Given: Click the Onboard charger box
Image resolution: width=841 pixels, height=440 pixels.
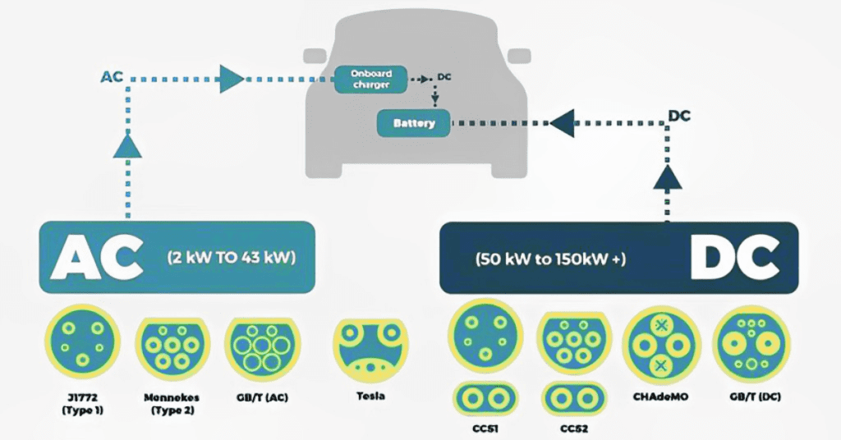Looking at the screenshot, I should point(365,79).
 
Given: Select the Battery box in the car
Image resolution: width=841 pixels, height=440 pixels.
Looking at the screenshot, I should point(413,124).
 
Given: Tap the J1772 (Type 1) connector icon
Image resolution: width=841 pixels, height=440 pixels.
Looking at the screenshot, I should point(81,341).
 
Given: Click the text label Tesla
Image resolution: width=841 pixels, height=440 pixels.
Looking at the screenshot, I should point(370,396).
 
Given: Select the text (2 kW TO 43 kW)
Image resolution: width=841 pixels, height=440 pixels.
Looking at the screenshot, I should point(231,256).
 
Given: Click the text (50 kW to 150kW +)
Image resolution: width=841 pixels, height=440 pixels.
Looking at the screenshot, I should point(550,259).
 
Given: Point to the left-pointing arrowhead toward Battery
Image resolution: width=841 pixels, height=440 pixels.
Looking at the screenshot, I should point(562,124).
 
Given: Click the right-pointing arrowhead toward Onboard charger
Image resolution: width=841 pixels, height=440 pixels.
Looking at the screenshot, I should point(232,79).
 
